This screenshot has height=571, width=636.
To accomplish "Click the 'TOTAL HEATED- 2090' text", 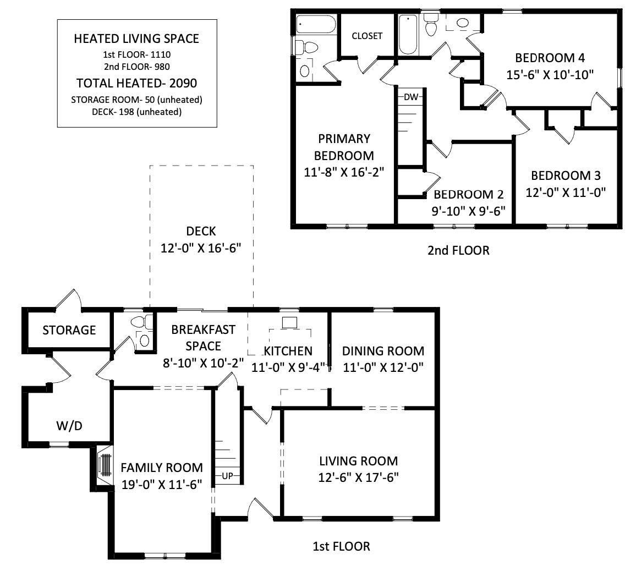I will [136, 83].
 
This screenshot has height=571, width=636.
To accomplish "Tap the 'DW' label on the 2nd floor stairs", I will [410, 97].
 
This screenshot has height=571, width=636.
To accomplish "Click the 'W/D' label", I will [69, 426].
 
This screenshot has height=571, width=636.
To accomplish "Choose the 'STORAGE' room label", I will [69, 330].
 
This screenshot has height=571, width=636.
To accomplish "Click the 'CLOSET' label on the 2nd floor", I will [367, 36].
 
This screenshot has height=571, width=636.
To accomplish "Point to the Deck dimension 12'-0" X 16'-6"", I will [201, 248].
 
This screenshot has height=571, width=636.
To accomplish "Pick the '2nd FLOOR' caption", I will [458, 251].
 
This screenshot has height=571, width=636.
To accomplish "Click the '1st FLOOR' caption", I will [341, 546].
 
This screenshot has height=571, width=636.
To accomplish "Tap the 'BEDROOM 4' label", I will [549, 58].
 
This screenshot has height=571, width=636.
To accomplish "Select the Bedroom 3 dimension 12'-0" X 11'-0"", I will [566, 193].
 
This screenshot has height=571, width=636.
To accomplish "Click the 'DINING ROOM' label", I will [383, 351].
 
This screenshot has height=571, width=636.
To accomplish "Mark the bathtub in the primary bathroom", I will [315, 25].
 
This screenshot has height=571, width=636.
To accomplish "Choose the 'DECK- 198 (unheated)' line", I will [136, 112].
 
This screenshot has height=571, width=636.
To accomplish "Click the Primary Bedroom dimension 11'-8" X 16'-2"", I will [343, 172].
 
